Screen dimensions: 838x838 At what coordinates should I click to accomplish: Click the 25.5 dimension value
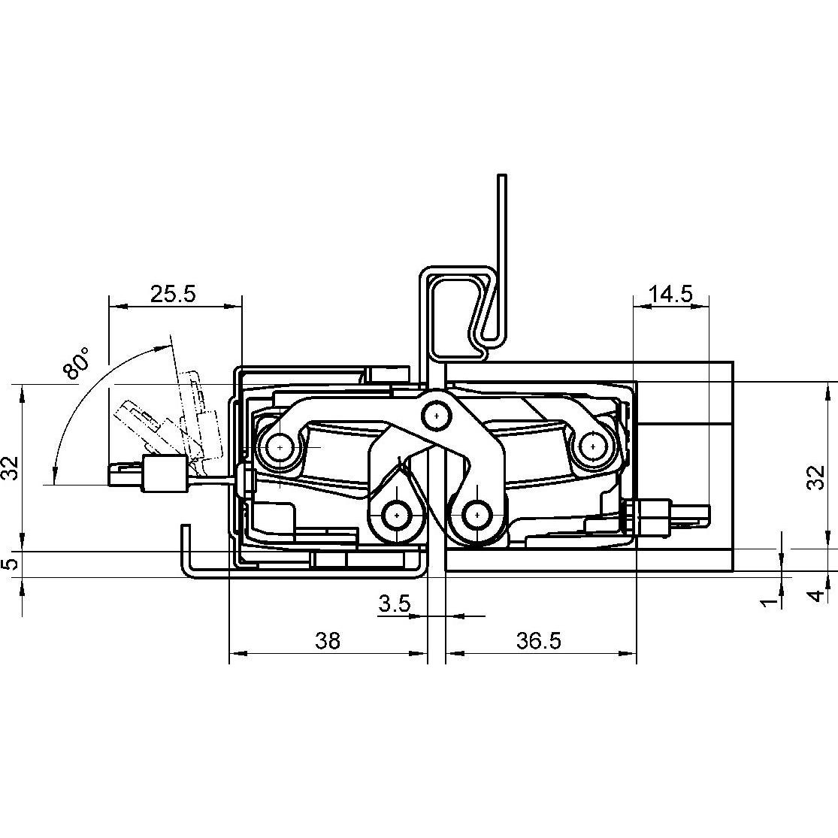[x=173, y=294]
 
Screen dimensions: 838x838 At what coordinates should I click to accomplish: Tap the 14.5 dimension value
[x=670, y=294]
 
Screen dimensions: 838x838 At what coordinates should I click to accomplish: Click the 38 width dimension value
[x=328, y=641]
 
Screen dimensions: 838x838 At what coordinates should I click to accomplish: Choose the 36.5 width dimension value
[x=538, y=641]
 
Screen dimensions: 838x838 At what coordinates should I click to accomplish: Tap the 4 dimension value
[x=815, y=596]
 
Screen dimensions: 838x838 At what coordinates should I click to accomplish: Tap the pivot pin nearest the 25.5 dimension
[x=279, y=447]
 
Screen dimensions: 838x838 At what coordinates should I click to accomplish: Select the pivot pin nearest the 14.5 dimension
[x=593, y=446]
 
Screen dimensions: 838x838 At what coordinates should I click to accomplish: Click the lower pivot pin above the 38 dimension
[x=396, y=516]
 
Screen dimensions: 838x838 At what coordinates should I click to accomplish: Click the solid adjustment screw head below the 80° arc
[x=163, y=474]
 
